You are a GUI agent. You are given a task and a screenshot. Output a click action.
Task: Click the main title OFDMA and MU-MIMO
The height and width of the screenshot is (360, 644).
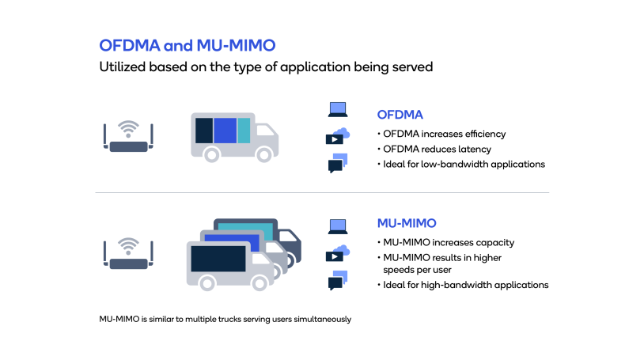click(x=188, y=46)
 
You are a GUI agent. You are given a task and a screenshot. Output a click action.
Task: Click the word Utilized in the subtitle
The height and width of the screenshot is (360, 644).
click(x=123, y=66)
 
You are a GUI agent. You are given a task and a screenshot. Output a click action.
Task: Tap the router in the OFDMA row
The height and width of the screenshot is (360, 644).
click(x=128, y=136)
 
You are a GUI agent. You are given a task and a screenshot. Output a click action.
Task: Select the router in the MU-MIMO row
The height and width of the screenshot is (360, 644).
click(x=128, y=253)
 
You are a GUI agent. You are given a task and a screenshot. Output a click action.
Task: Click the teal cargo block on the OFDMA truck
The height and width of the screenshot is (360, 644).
click(x=244, y=131)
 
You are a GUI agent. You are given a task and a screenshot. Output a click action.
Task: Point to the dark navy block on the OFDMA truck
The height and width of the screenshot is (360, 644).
click(x=204, y=131)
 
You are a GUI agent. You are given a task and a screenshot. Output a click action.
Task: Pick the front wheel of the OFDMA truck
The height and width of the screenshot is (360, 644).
click(x=264, y=155)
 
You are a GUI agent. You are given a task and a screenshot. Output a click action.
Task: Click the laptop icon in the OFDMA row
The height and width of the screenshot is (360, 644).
click(x=338, y=110)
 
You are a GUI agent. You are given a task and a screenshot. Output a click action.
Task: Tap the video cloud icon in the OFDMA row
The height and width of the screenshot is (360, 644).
click(x=338, y=136)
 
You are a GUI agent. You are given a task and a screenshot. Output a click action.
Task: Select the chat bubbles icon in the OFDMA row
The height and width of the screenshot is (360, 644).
click(x=338, y=163)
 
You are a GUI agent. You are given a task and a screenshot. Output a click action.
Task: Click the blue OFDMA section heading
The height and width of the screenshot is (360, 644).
click(x=400, y=115)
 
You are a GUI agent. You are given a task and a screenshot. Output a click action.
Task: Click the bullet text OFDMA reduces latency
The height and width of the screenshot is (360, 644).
click(x=437, y=150)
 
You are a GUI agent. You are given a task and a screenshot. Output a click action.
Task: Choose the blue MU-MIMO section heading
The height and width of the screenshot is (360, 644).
click(x=407, y=223)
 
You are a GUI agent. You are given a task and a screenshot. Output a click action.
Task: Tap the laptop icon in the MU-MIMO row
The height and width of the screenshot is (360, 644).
click(x=338, y=226)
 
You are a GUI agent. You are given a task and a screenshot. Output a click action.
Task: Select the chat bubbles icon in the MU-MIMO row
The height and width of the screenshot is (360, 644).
click(x=338, y=280)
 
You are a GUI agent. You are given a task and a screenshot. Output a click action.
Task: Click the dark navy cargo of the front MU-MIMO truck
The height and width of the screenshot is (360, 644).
click(x=218, y=259)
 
